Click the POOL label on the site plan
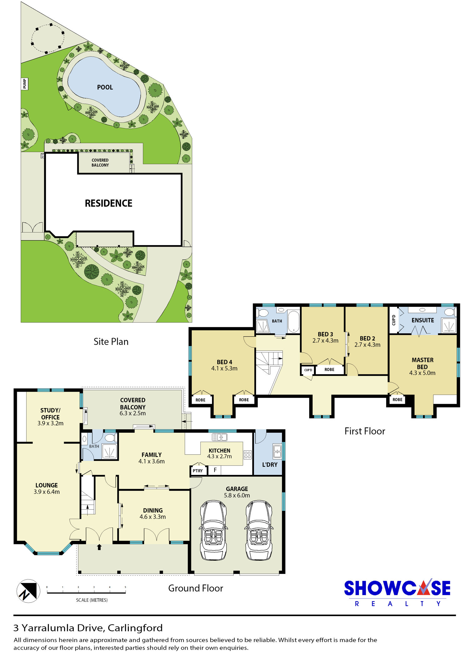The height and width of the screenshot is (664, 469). pyautogui.click(x=105, y=87)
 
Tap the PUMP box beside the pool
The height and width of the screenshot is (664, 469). pyautogui.click(x=25, y=84)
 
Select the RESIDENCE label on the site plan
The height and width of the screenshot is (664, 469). pyautogui.click(x=108, y=203)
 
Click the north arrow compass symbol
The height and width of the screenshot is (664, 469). pyautogui.click(x=28, y=591)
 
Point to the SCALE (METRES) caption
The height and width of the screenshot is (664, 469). pyautogui.click(x=92, y=600)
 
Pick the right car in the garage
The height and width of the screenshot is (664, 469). pyautogui.click(x=259, y=530)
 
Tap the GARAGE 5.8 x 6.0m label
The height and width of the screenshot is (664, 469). pyautogui.click(x=237, y=492)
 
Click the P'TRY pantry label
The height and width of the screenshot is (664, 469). pyautogui.click(x=198, y=471)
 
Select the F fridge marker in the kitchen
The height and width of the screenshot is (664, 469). pyautogui.click(x=215, y=470)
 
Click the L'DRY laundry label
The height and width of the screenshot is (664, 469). pyautogui.click(x=270, y=465)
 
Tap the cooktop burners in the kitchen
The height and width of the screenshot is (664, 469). pyautogui.click(x=248, y=455)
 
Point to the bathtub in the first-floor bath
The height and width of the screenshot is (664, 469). pyautogui.click(x=294, y=321)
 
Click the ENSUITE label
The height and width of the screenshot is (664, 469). pyautogui.click(x=423, y=320)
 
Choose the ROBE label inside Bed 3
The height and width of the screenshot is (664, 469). pyautogui.click(x=330, y=370)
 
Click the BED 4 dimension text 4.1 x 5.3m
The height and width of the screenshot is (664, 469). pyautogui.click(x=224, y=368)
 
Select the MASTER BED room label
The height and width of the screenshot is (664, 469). pyautogui.click(x=422, y=363)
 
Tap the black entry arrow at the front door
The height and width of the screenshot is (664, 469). pyautogui.click(x=99, y=547)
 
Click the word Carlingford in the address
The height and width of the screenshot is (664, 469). pyautogui.click(x=135, y=628)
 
